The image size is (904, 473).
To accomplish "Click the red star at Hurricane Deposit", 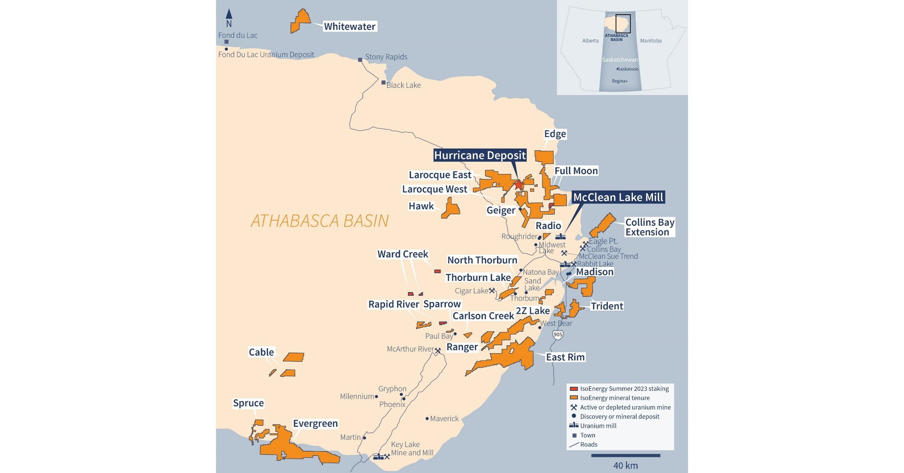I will pyautogui.click(x=519, y=184).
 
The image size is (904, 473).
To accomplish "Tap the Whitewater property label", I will pyautogui.click(x=349, y=26).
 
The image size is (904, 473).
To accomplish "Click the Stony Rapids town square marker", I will pyautogui.click(x=360, y=60).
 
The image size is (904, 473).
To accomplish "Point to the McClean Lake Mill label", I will pyautogui.click(x=618, y=197).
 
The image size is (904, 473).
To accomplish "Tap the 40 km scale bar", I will pyautogui.click(x=625, y=455).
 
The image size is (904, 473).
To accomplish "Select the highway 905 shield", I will pyautogui.click(x=558, y=334).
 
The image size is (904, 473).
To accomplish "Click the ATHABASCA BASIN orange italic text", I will pyautogui.click(x=319, y=221).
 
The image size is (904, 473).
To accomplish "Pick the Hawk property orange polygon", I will pyautogui.click(x=451, y=208).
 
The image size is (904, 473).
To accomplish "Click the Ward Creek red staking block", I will pyautogui.click(x=437, y=271).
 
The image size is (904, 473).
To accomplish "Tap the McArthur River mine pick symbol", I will pyautogui.click(x=438, y=350).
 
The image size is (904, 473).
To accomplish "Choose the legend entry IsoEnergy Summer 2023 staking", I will pyautogui.click(x=624, y=388).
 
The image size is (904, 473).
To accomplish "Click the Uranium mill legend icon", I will pyautogui.click(x=574, y=425).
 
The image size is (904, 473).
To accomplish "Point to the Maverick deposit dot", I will pyautogui.click(x=427, y=418).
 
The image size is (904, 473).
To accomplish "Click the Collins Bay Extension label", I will pyautogui.click(x=650, y=227).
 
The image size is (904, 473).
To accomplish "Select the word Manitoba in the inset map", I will pyautogui.click(x=651, y=41).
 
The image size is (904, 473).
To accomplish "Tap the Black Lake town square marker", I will pyautogui.click(x=383, y=83).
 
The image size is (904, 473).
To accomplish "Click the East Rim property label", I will pyautogui.click(x=565, y=357).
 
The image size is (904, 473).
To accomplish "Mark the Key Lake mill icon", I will pyautogui.click(x=378, y=456).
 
